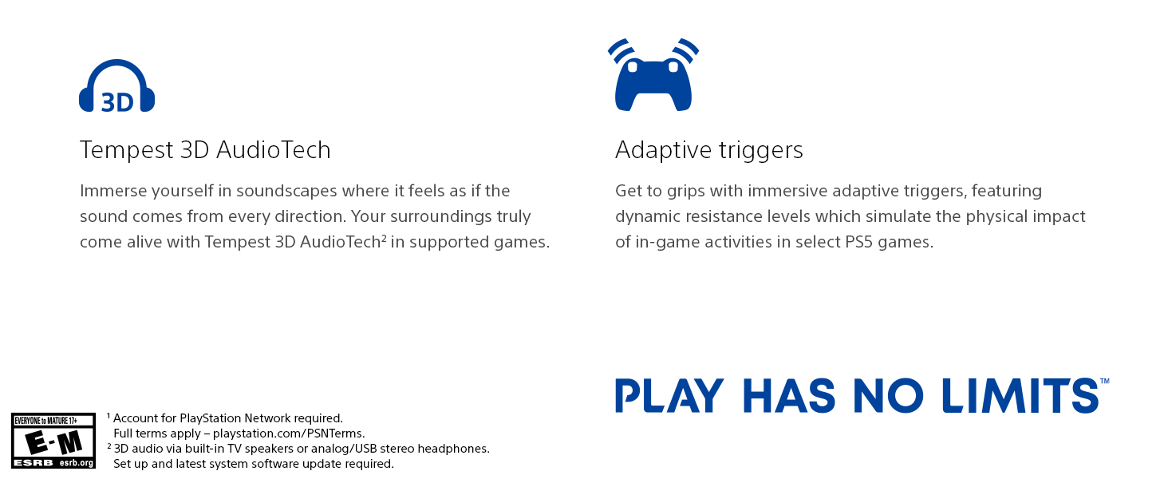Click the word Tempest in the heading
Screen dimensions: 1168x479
[126, 150]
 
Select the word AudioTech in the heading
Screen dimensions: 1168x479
[273, 150]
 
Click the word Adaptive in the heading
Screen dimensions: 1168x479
[663, 150]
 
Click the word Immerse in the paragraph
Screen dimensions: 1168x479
[112, 191]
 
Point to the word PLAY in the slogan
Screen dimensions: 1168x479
[669, 395]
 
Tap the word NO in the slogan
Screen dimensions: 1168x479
[888, 395]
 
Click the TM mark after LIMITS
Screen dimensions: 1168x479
[1105, 382]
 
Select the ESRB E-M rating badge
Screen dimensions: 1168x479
[53, 441]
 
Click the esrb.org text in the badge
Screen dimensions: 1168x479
[76, 463]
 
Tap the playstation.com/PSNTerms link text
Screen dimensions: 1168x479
[288, 433]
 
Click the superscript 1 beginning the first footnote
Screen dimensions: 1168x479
[109, 416]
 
